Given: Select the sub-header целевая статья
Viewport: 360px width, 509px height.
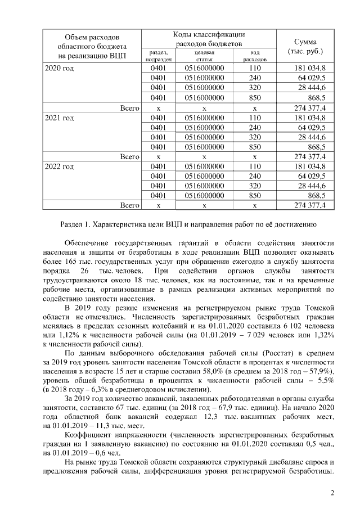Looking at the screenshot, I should [204, 55].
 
